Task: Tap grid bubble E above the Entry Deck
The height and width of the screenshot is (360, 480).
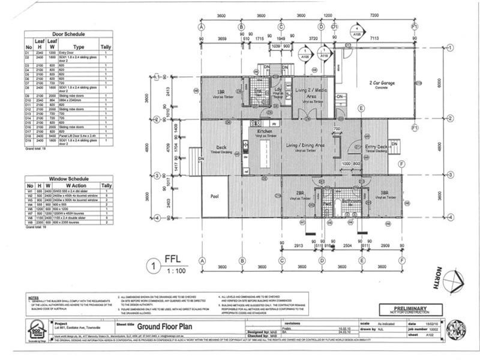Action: [361, 109]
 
